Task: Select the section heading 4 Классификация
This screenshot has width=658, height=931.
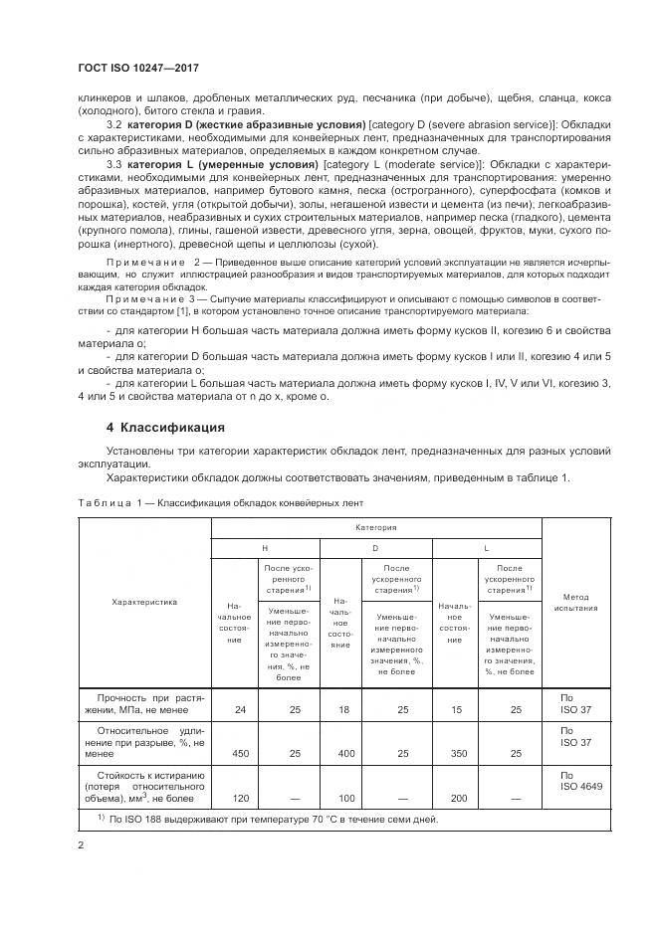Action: point(165,428)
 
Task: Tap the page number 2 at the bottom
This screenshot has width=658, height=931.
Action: point(82,844)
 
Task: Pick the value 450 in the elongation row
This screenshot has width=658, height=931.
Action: point(239,754)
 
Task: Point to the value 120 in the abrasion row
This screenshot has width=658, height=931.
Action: point(239,799)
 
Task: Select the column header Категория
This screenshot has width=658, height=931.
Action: point(377,528)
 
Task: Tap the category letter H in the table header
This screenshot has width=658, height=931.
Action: point(265,547)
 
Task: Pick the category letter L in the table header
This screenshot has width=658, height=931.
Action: point(485,547)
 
